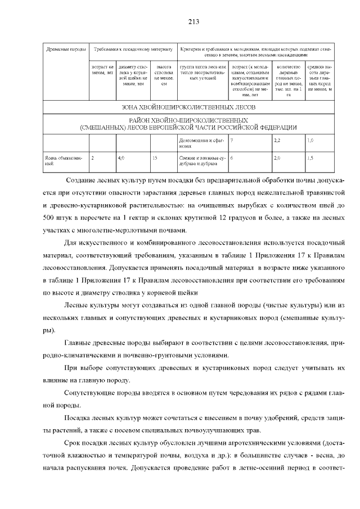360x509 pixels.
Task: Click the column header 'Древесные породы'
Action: pos(65,50)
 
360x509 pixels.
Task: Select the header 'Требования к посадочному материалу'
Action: pos(133,50)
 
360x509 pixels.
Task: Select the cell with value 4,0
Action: pos(121,159)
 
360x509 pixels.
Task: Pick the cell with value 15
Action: pos(155,159)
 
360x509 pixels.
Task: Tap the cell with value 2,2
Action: pos(277,138)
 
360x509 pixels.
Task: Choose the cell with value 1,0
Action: pos(310,138)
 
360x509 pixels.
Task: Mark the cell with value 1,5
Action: pos(310,159)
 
